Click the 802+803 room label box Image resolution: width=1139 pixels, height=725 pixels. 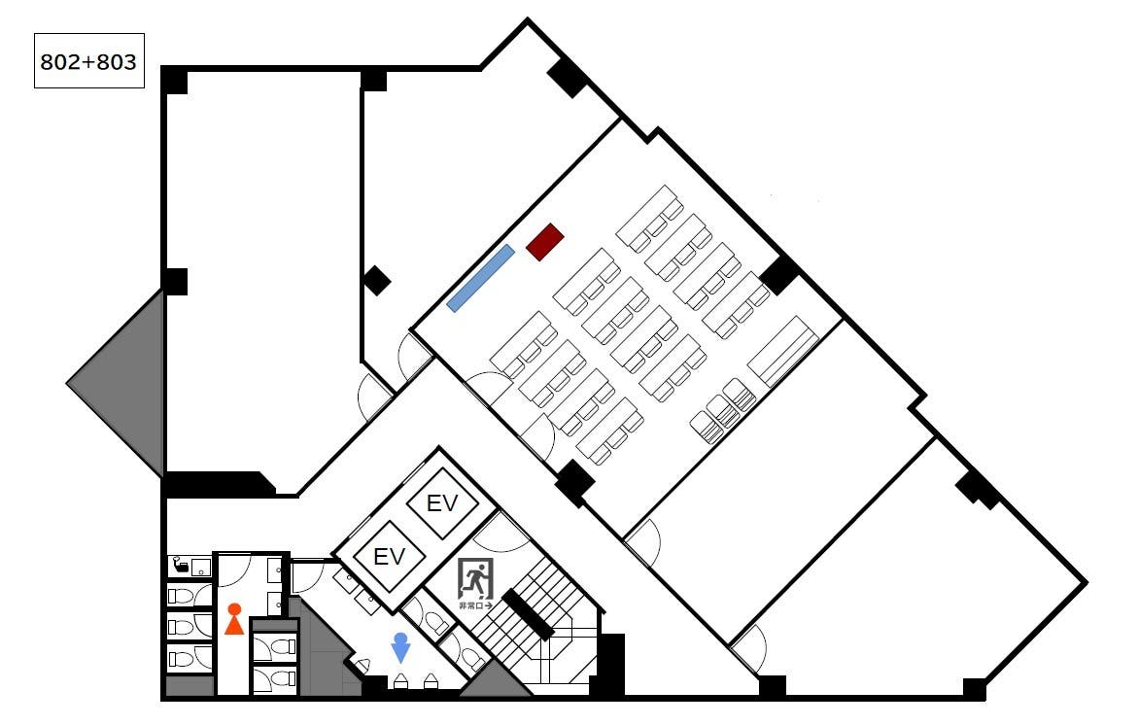tap(89, 61)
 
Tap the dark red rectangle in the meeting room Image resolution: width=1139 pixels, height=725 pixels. tap(545, 242)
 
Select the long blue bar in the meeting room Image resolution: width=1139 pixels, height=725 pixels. tap(481, 278)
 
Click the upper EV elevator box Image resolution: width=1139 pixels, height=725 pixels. tap(441, 502)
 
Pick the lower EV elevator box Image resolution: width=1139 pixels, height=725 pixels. tap(389, 557)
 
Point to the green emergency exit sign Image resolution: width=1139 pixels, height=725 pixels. tap(475, 579)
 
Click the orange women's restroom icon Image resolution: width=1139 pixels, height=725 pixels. tap(234, 619)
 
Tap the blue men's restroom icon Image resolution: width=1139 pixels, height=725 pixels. tap(400, 647)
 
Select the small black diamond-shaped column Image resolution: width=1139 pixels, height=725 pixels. tap(376, 281)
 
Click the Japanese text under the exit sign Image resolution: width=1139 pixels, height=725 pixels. tap(475, 605)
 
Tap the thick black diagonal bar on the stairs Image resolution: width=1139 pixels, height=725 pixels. tap(528, 614)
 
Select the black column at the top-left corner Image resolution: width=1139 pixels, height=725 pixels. tap(174, 80)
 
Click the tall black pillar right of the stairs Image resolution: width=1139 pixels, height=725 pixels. tap(611, 665)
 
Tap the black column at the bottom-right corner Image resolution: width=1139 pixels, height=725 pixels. tap(974, 689)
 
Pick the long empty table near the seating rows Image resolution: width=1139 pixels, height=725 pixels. tap(783, 351)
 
